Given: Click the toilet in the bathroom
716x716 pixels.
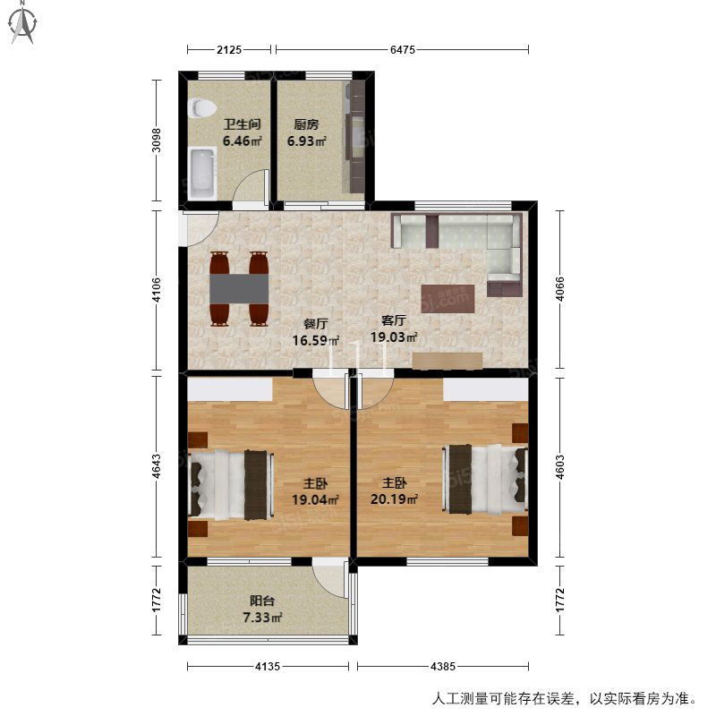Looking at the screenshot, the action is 202,108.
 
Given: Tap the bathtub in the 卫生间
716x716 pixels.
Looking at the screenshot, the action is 202,174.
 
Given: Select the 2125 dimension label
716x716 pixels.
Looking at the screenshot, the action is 229,49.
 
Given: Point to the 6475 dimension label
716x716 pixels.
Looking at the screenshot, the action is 403,49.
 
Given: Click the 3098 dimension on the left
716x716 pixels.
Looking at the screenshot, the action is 156,141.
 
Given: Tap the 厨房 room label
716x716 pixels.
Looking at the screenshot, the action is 306,124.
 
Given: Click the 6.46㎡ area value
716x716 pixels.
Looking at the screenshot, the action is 242,141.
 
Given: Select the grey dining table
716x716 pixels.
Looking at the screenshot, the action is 239,288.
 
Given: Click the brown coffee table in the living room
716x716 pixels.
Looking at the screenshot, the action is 448,299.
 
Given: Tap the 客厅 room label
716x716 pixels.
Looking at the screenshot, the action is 394,320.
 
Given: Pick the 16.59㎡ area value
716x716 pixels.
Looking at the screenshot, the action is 316,340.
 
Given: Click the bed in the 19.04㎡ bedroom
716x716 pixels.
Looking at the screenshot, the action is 231,485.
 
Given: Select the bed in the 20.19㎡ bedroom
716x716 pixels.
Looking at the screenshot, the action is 485,479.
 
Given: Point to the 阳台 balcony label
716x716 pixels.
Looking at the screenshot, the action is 262,601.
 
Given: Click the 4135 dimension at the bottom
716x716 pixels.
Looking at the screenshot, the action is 268,666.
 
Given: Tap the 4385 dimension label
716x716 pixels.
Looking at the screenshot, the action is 443,666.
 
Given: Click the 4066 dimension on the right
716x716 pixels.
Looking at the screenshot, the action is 560,288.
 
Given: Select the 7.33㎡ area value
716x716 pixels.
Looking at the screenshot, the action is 262,618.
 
